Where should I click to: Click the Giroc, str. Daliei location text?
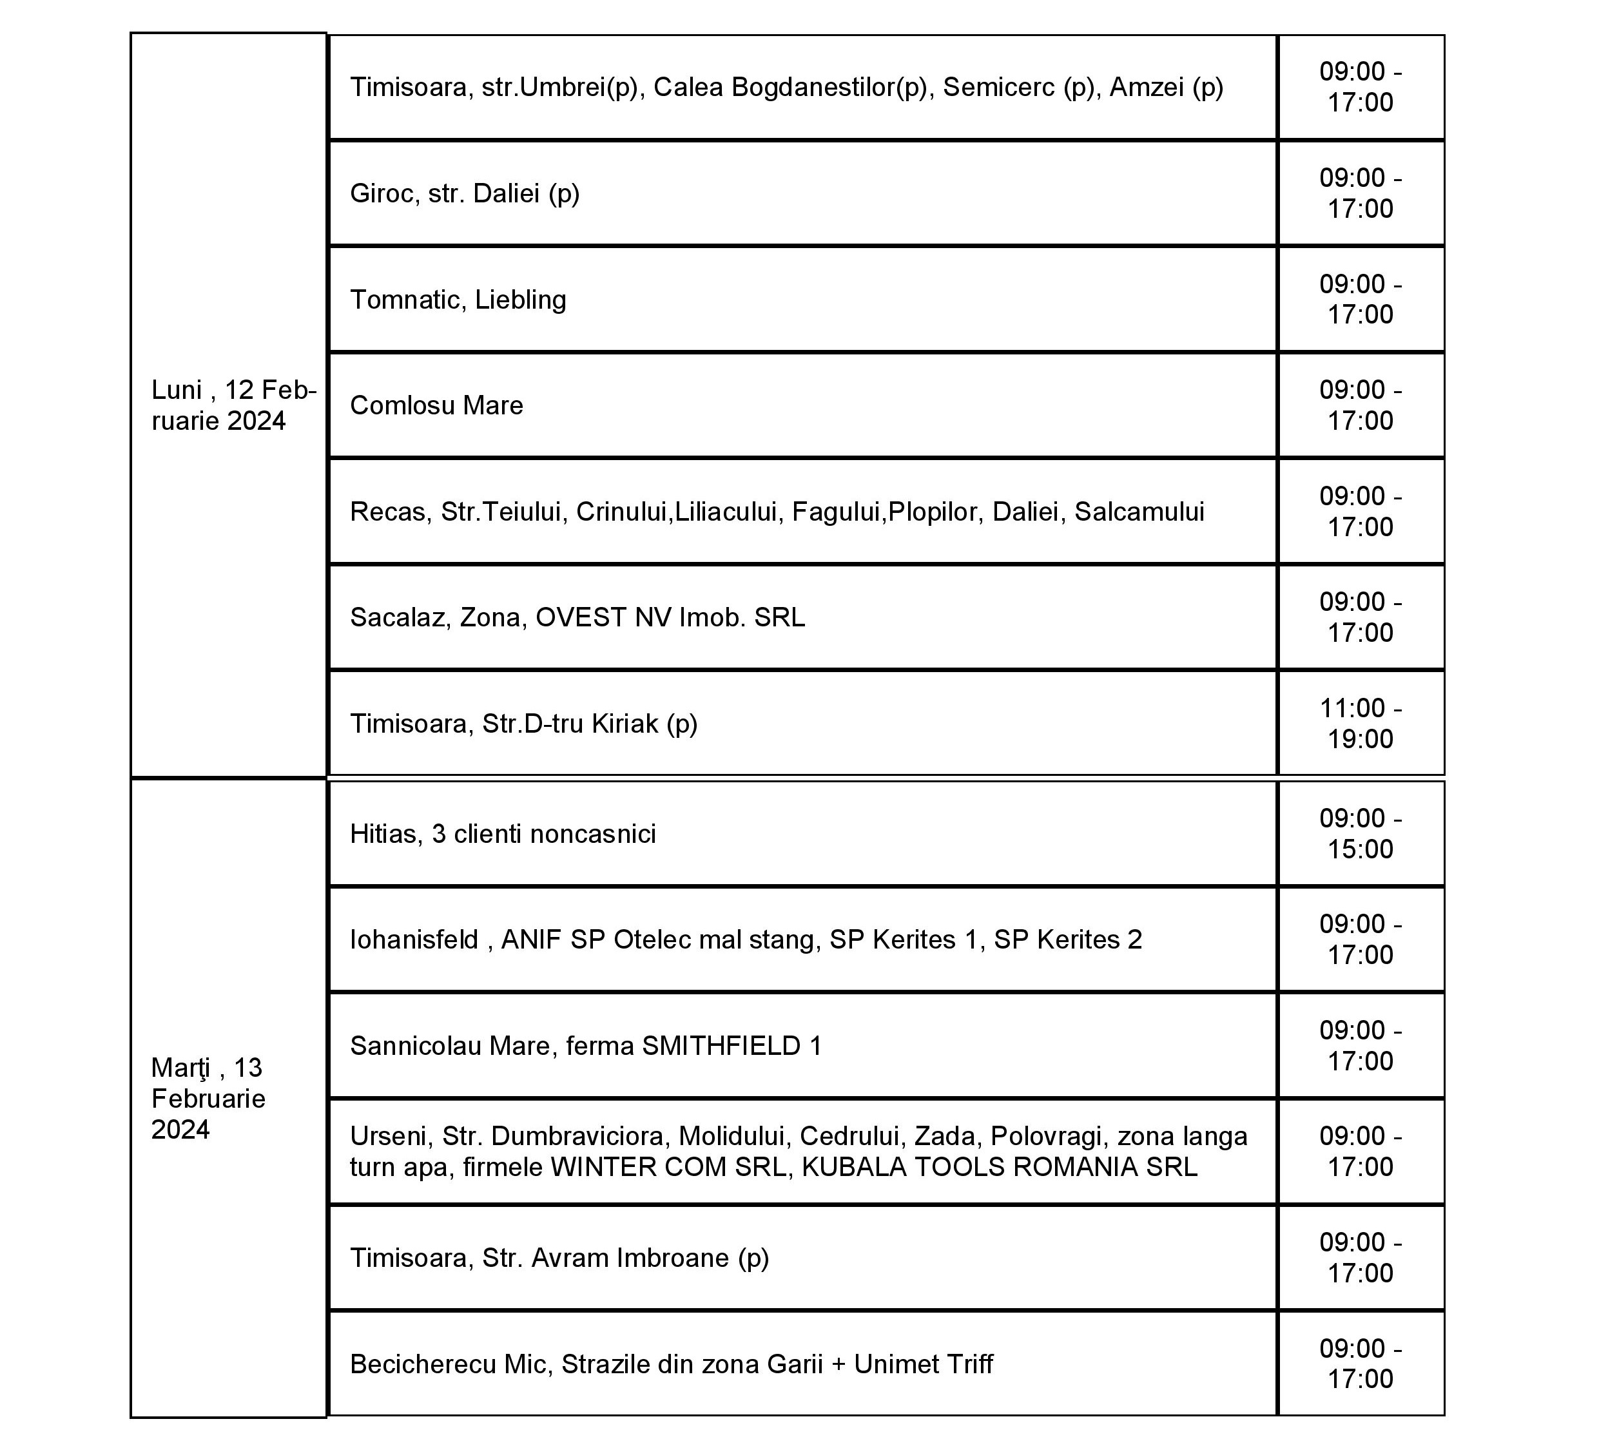464,193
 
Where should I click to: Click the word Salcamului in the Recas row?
1139,512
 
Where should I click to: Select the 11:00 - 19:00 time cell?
1360,723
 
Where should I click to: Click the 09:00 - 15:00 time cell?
1360,834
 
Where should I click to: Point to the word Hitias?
383,834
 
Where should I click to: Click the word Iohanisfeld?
414,940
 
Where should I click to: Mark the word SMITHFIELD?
721,1046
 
